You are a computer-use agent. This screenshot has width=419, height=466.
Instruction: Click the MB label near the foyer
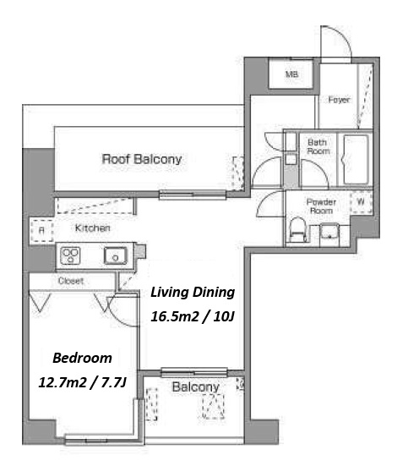pyautogui.click(x=291, y=74)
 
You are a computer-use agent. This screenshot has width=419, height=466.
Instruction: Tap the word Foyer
pyautogui.click(x=339, y=100)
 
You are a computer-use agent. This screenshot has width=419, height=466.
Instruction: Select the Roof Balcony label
pyautogui.click(x=142, y=159)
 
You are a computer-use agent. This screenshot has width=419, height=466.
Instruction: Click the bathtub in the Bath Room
pyautogui.click(x=356, y=160)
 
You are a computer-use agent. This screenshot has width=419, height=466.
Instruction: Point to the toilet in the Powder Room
pyautogui.click(x=298, y=230)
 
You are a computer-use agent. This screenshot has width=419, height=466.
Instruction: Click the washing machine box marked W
pyautogui.click(x=361, y=202)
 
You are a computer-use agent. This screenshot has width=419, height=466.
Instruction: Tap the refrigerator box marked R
pyautogui.click(x=41, y=231)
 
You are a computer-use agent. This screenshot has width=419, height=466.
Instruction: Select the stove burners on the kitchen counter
pyautogui.click(x=70, y=255)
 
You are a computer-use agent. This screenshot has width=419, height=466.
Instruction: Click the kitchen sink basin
pyautogui.click(x=115, y=255)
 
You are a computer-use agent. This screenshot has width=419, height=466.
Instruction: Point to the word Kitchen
pyautogui.click(x=92, y=228)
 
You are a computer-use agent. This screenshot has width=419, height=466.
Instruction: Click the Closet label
pyautogui.click(x=71, y=281)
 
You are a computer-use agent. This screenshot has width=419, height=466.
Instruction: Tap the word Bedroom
pyautogui.click(x=82, y=358)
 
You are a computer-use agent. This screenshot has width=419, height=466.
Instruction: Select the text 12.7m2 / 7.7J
pyautogui.click(x=83, y=382)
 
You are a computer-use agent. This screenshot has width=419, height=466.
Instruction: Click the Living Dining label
pyautogui.click(x=193, y=293)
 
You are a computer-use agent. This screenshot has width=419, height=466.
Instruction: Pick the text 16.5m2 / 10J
pyautogui.click(x=193, y=316)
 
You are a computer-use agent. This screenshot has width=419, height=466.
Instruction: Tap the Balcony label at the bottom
pyautogui.click(x=196, y=387)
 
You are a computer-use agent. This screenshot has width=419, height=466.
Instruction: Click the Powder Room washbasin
pyautogui.click(x=329, y=232)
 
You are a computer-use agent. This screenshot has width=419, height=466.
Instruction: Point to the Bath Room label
pyautogui.click(x=318, y=147)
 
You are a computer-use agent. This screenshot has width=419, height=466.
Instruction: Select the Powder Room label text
pyautogui.click(x=321, y=206)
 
